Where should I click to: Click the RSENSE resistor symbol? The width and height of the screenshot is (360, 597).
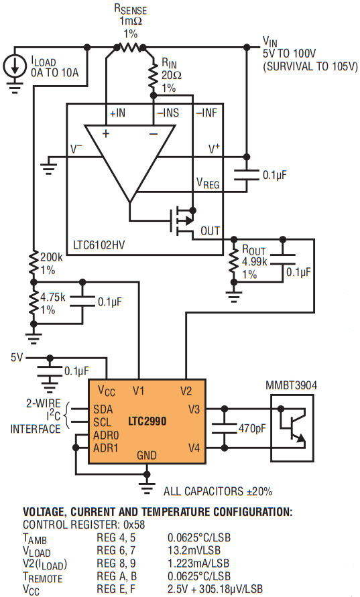click(x=129, y=48)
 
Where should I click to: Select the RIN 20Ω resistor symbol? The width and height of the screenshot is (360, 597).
click(x=153, y=76)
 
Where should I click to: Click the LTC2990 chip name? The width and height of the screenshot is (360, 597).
click(x=147, y=421)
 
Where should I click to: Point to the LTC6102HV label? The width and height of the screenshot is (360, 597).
click(x=99, y=245)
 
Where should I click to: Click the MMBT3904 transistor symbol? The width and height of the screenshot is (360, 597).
click(x=292, y=428)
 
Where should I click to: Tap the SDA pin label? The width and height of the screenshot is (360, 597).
click(x=103, y=409)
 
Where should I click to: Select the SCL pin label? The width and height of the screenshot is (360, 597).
click(x=103, y=422)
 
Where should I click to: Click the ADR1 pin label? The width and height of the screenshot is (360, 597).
click(x=106, y=448)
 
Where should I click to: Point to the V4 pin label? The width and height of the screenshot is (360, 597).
click(x=194, y=448)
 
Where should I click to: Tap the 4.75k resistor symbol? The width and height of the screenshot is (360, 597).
click(x=34, y=304)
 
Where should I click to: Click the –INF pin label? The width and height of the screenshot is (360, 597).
click(x=206, y=113)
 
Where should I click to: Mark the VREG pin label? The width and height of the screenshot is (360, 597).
click(x=208, y=183)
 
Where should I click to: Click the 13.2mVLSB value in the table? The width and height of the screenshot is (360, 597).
click(x=194, y=550)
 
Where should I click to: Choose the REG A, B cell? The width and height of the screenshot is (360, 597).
click(x=117, y=576)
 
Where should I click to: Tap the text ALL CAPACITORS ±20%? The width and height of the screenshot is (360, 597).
click(x=218, y=491)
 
